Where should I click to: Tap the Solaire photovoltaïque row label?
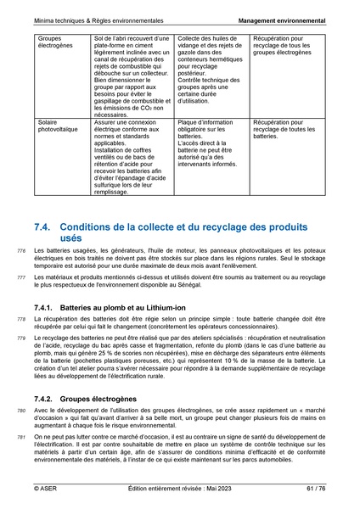(x=59, y=127)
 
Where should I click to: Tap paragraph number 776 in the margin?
(x=21, y=252)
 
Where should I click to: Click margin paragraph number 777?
(x=21, y=278)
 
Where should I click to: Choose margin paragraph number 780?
(x=21, y=412)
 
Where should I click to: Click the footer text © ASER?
(x=46, y=489)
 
